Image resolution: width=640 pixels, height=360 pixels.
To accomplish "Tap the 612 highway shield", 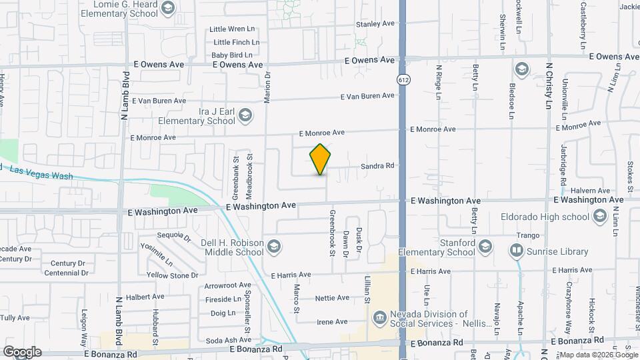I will pos(403,80).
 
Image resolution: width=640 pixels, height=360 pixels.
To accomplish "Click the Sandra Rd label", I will pos(378,166).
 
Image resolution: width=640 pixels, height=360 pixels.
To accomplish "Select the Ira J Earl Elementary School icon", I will pos(246,116).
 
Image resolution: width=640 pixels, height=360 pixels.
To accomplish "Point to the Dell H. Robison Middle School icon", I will pos(273,248).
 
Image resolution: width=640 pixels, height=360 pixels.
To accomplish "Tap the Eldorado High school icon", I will pos(599,216).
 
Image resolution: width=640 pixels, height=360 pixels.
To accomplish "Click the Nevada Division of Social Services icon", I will pos(379,315).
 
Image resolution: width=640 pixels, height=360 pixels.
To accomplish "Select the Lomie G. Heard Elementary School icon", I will pos(167,8).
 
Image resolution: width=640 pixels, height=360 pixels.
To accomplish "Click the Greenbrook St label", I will pos(331,233).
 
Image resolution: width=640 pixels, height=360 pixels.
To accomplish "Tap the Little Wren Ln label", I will pos(232,29).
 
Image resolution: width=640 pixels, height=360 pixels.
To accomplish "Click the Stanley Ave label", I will pos(375,24).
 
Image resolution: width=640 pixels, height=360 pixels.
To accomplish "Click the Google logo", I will pos(22,352).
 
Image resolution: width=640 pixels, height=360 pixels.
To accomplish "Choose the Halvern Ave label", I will pos(595,191).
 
